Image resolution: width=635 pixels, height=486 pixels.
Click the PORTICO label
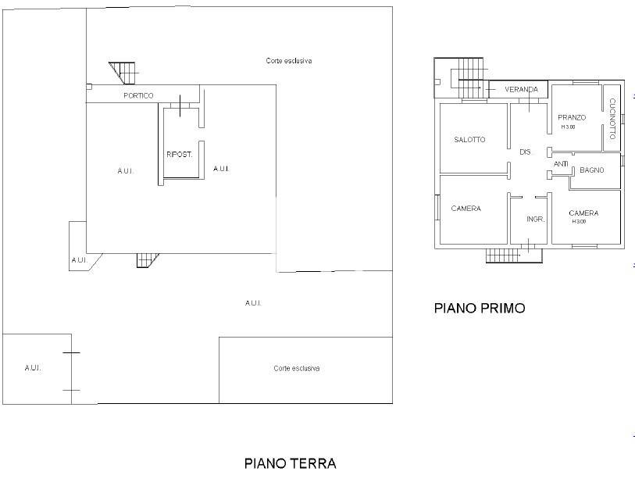tap(138, 95)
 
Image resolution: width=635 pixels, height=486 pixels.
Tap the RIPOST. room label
tap(179, 154)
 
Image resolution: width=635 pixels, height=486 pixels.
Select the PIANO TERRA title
tap(290, 463)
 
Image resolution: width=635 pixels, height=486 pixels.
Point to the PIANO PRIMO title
tap(479, 309)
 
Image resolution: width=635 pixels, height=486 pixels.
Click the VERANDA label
tap(521, 90)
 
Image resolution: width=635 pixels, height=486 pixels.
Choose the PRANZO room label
tap(572, 117)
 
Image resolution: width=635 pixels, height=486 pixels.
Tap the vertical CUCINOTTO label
tap(612, 115)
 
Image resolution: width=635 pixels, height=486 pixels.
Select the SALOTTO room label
tap(469, 140)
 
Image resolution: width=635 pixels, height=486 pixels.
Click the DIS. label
tap(526, 152)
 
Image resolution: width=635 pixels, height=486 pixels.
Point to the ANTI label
tap(561, 164)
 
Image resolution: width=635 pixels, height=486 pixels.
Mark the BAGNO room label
tap(591, 170)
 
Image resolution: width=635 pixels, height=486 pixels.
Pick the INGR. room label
tap(535, 219)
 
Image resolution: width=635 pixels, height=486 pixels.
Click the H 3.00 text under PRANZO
tap(567, 127)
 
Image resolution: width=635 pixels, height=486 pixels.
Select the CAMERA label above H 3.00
tap(583, 213)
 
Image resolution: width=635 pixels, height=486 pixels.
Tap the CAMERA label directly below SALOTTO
tap(466, 209)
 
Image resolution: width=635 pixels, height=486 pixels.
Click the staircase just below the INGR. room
tap(502, 254)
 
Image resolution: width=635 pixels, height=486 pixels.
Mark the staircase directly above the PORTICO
tap(123, 73)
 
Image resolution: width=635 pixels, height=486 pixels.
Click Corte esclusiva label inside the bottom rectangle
tap(296, 369)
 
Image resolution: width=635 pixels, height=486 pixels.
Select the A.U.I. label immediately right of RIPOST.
tap(220, 169)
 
